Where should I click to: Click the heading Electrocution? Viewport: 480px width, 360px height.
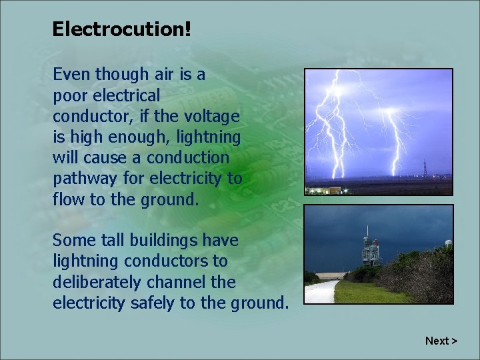[x=121, y=29]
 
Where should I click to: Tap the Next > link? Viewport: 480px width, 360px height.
[x=441, y=341]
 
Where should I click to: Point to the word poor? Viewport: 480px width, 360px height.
[x=69, y=95]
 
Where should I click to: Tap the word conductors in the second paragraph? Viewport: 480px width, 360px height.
[x=167, y=261]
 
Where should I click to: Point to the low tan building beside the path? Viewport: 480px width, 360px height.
[x=333, y=275]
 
